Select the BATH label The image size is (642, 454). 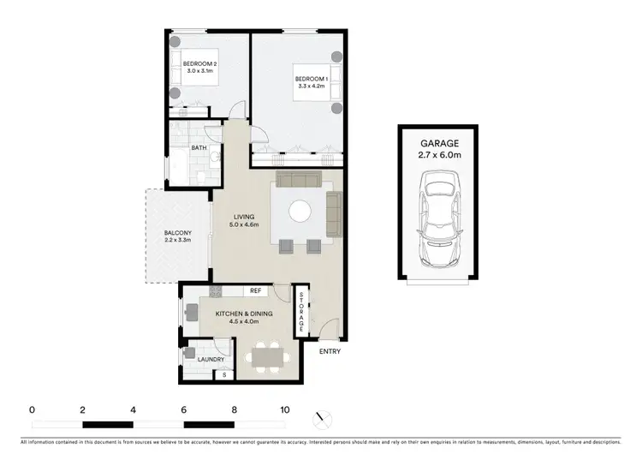point(199,148)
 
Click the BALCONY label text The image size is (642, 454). point(177,236)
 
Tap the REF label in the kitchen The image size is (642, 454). point(255,291)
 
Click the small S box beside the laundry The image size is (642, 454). point(224,374)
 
